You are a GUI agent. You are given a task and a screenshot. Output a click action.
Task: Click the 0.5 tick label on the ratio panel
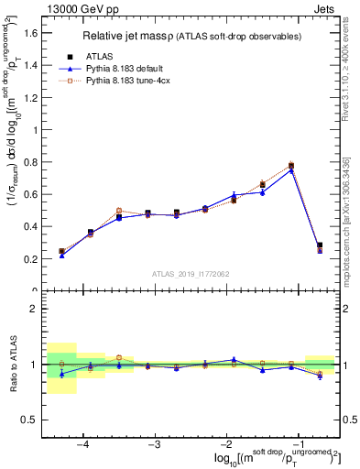(x=29, y=420)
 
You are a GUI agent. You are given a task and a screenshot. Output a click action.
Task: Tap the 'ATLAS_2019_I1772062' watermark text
(x=190, y=273)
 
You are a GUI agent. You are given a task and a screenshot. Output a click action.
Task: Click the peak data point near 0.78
(x=291, y=166)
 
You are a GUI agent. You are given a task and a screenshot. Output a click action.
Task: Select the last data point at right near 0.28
(x=320, y=245)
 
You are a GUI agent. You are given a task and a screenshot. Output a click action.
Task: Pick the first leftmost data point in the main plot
(x=61, y=251)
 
